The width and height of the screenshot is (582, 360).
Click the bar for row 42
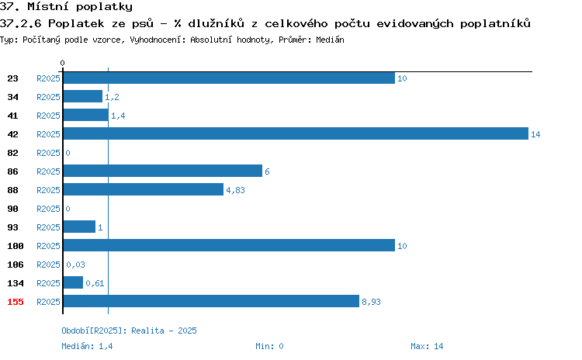pyautogui.click(x=296, y=133)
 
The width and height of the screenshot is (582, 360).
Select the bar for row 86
pyautogui.click(x=163, y=171)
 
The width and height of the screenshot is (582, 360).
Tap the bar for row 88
pyautogui.click(x=144, y=189)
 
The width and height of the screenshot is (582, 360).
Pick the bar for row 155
pyautogui.click(x=211, y=301)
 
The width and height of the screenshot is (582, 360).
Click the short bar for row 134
pyautogui.click(x=73, y=282)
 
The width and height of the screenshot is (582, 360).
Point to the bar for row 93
pyautogui.click(x=79, y=227)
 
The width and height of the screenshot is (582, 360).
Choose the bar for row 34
pyautogui.click(x=83, y=96)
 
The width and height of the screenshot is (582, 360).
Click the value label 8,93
pyautogui.click(x=371, y=302)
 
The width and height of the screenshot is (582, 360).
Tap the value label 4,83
pyautogui.click(x=235, y=190)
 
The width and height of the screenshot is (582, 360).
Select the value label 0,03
pyautogui.click(x=75, y=265)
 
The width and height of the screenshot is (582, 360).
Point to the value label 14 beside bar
pyautogui.click(x=535, y=134)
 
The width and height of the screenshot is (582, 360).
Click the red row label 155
pyautogui.click(x=16, y=302)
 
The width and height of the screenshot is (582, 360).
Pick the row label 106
pyautogui.click(x=16, y=265)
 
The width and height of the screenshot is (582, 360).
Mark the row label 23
pyautogui.click(x=12, y=78)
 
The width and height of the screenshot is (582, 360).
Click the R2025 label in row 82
pyautogui.click(x=48, y=153)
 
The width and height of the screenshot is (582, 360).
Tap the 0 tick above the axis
pyautogui.click(x=62, y=63)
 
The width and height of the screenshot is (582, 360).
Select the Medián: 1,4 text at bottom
pyautogui.click(x=87, y=346)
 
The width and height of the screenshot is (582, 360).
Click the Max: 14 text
pyautogui.click(x=427, y=346)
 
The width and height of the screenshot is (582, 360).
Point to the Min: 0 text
pyautogui.click(x=269, y=346)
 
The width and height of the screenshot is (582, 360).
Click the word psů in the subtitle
pyautogui.click(x=143, y=23)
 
